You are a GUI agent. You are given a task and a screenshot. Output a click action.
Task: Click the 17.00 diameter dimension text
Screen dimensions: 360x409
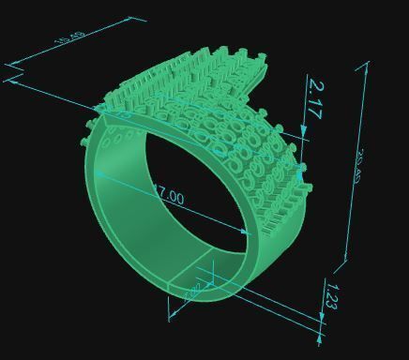(168, 197)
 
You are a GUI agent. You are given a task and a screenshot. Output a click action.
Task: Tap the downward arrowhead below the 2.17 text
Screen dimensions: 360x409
(304, 132)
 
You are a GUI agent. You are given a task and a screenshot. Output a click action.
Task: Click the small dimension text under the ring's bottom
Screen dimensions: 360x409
(192, 292)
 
